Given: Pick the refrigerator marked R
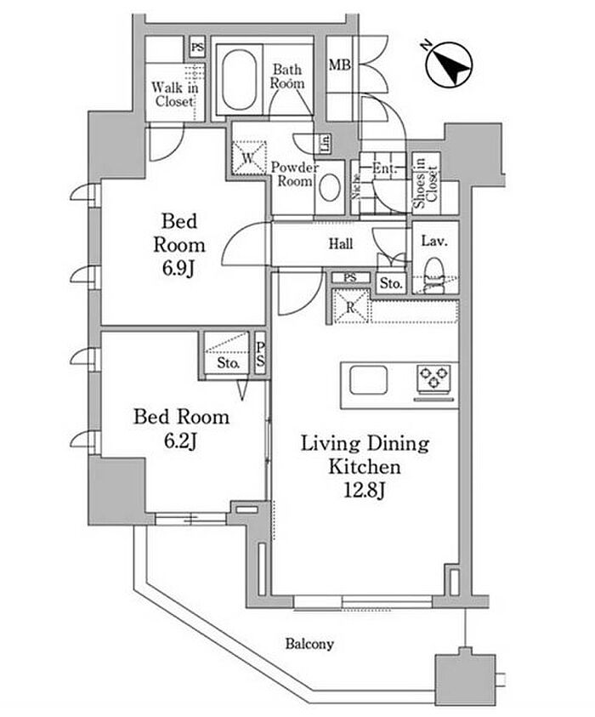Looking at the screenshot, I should click(348, 306).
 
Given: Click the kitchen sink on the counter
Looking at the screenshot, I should click(368, 378).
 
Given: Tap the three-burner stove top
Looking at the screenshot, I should click(436, 379).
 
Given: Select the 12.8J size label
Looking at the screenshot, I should click(365, 490).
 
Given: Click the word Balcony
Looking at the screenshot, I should click(309, 644).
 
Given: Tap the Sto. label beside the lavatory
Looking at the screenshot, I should click(390, 283).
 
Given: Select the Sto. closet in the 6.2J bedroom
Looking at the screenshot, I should click(227, 362).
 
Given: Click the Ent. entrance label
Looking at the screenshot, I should click(384, 169).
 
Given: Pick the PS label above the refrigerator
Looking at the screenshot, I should click(350, 278).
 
